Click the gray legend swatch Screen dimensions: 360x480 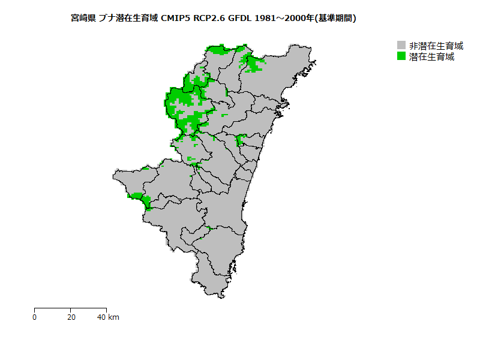[401, 46]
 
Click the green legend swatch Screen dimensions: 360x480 [401, 56]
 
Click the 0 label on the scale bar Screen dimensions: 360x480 [35, 317]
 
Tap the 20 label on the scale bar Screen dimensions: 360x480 [71, 317]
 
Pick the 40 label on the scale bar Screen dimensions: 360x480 [102, 317]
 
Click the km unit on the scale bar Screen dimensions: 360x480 [113, 317]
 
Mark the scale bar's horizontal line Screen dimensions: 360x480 [70, 308]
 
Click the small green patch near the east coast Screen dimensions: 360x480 [241, 141]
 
